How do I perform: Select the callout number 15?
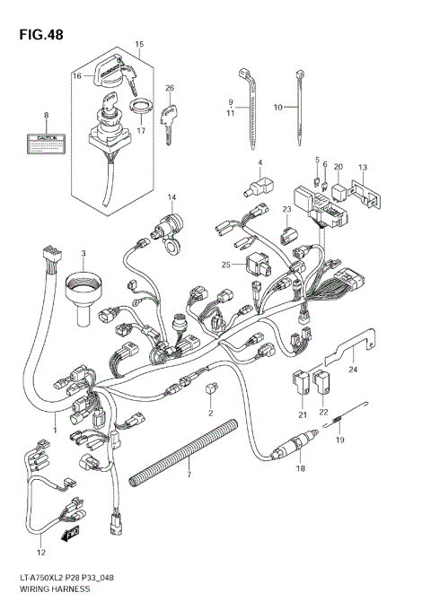(139, 44)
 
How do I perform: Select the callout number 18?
(301, 467)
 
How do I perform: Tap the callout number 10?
(278, 107)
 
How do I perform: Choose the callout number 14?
(172, 196)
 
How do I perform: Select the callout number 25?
(228, 265)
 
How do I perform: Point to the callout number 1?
(54, 430)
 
